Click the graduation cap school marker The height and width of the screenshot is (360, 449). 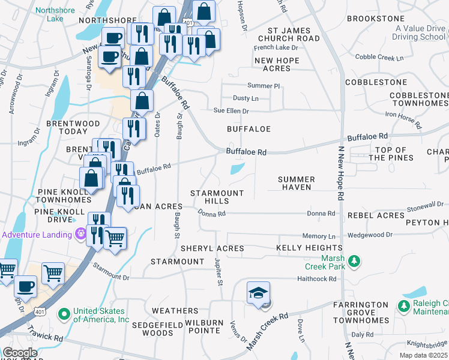pos(258,293)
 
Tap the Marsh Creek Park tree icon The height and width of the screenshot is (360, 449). pos(354,260)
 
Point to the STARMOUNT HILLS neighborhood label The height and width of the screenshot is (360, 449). pos(217,197)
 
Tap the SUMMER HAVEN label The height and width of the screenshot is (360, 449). pos(297,183)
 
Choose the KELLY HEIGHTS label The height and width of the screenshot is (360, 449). pos(309,248)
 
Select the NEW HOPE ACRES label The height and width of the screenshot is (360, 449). pos(281,64)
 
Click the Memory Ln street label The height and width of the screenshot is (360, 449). pos(315,236)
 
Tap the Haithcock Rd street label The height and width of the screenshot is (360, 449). pos(316,279)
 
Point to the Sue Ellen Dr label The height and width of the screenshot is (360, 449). pos(232,111)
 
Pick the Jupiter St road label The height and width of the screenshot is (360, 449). pos(218,272)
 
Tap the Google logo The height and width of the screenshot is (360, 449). pos(20,353)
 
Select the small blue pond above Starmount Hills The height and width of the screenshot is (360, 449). pos(237,169)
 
